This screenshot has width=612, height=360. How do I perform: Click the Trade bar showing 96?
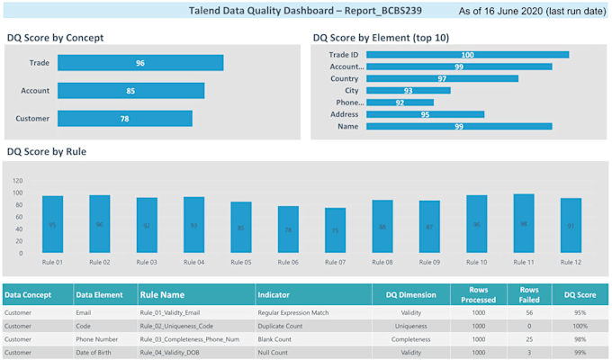[x=139, y=63]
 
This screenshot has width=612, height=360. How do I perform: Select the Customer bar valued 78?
[x=124, y=119]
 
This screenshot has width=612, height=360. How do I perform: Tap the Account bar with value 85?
[x=130, y=91]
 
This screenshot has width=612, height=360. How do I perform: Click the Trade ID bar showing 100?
[x=467, y=55]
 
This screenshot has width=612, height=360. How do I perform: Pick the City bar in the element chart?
[x=408, y=91]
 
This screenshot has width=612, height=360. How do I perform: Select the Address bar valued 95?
[x=425, y=114]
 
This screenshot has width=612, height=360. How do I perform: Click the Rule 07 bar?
[x=335, y=229]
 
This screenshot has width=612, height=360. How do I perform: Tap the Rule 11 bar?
[x=524, y=222]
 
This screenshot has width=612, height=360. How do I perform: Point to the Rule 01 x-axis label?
[x=52, y=262]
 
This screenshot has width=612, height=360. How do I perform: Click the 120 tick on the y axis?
[x=18, y=179]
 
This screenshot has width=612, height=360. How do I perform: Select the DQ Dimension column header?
[x=410, y=294]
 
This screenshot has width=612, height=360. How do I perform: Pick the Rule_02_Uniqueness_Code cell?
[x=176, y=326]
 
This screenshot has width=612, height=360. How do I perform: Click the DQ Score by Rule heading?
[x=46, y=152]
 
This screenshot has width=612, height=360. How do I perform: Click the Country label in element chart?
[x=344, y=79]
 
